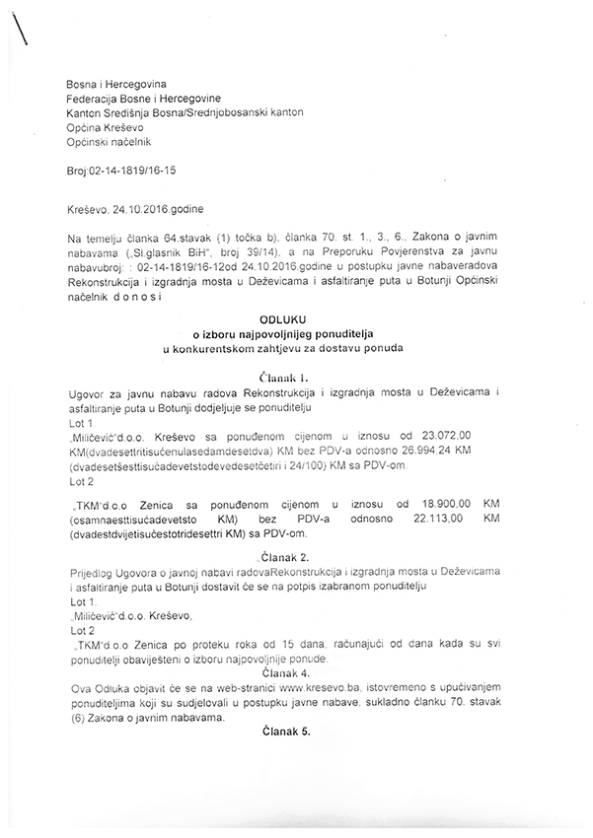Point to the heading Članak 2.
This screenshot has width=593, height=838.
tap(295, 556)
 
